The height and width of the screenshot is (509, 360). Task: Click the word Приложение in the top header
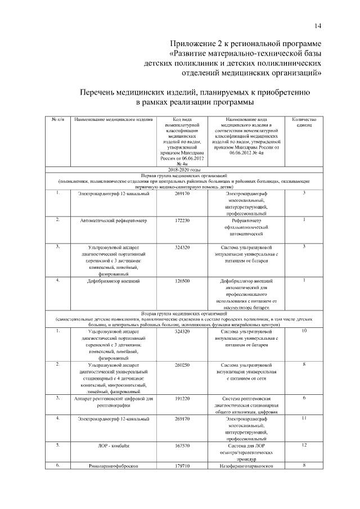click(195, 43)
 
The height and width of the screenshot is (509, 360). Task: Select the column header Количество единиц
click(304, 122)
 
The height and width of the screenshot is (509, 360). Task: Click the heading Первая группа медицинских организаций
click(184, 176)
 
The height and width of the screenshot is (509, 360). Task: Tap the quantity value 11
click(304, 419)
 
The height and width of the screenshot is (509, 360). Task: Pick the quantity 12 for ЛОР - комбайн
click(304, 445)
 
